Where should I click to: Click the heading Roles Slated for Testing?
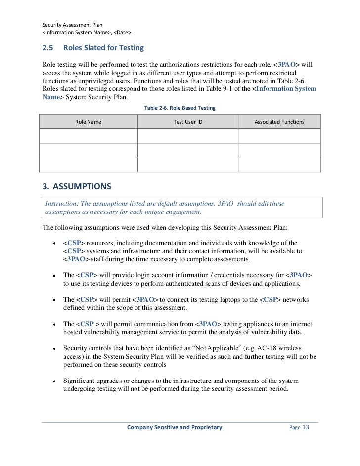coord(103,48)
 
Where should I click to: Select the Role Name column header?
coord(88,122)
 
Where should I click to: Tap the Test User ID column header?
coord(187,122)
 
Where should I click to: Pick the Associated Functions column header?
coord(279,122)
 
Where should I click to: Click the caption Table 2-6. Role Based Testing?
coord(179,107)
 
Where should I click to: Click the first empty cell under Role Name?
coord(88,136)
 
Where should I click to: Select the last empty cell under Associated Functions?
coord(279,165)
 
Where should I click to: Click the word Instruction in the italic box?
coord(62,204)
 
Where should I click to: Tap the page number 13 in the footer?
coord(305,427)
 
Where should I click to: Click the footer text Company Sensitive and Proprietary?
coord(175,427)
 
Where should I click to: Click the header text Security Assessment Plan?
coord(73,25)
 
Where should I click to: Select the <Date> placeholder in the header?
coord(121,33)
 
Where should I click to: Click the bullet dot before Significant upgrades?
coord(53,381)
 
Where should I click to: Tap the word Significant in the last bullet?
coord(81,381)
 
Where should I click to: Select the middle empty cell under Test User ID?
coord(187,150)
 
